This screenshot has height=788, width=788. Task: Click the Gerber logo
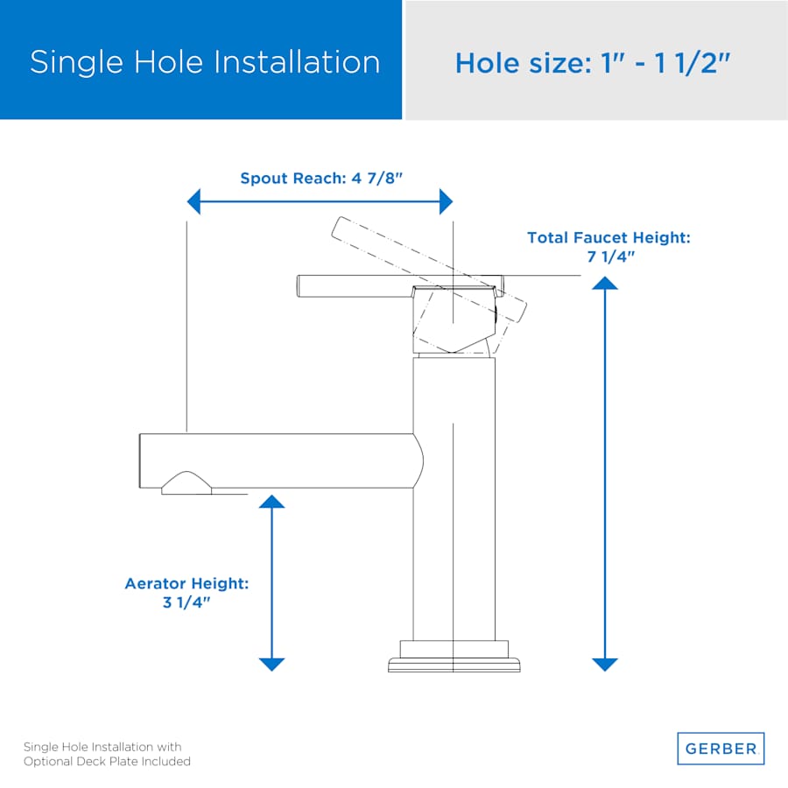click(721, 749)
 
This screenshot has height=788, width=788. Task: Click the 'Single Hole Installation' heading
click(205, 62)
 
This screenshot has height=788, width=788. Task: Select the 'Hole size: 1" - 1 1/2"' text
click(593, 63)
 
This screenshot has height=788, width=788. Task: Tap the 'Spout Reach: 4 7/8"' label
click(321, 178)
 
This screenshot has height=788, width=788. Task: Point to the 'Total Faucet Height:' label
click(609, 237)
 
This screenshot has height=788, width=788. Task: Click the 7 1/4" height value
click(610, 257)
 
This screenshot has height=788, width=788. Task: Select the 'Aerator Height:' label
click(186, 583)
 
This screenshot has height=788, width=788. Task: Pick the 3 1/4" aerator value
click(186, 602)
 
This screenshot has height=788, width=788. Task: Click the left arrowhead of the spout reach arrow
click(193, 201)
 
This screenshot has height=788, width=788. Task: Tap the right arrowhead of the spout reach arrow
click(447, 201)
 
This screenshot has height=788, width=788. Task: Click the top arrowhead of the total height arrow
click(604, 283)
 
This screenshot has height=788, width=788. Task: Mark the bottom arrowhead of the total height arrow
click(604, 665)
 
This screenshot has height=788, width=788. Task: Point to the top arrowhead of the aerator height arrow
click(272, 501)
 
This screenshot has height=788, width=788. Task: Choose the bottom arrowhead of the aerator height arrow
click(272, 665)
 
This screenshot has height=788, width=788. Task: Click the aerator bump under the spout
click(186, 483)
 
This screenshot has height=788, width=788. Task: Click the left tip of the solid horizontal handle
click(298, 286)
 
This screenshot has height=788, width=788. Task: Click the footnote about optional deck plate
click(107, 754)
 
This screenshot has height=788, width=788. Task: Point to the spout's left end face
click(140, 461)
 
